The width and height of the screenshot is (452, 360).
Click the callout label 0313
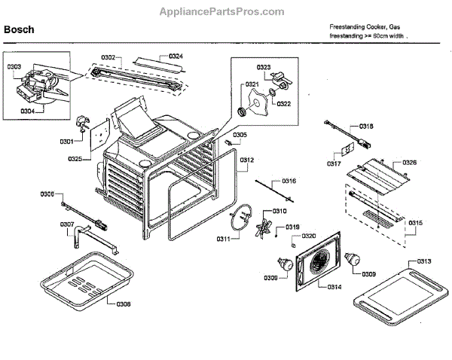(423, 261)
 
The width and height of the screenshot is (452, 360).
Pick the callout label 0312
(247, 160)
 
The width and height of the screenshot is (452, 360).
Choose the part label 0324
(176, 56)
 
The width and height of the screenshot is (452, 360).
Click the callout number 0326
(409, 162)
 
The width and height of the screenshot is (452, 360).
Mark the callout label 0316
(289, 181)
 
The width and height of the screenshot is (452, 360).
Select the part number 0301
(67, 141)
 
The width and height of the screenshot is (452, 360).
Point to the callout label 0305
(240, 136)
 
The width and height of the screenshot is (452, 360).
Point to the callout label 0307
(67, 224)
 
